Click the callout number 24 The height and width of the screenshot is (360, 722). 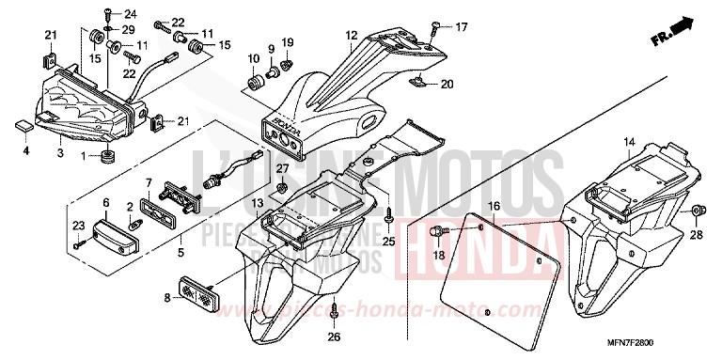[x=130, y=13]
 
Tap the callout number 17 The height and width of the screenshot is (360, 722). [x=461, y=26]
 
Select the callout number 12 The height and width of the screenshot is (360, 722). [x=351, y=37]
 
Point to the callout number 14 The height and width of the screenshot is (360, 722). [x=625, y=143]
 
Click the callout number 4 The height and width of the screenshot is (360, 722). [x=26, y=149]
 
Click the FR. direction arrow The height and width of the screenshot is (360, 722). [x=675, y=32]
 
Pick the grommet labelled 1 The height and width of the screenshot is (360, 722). [x=107, y=154]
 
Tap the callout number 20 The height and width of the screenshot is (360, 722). [x=447, y=85]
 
